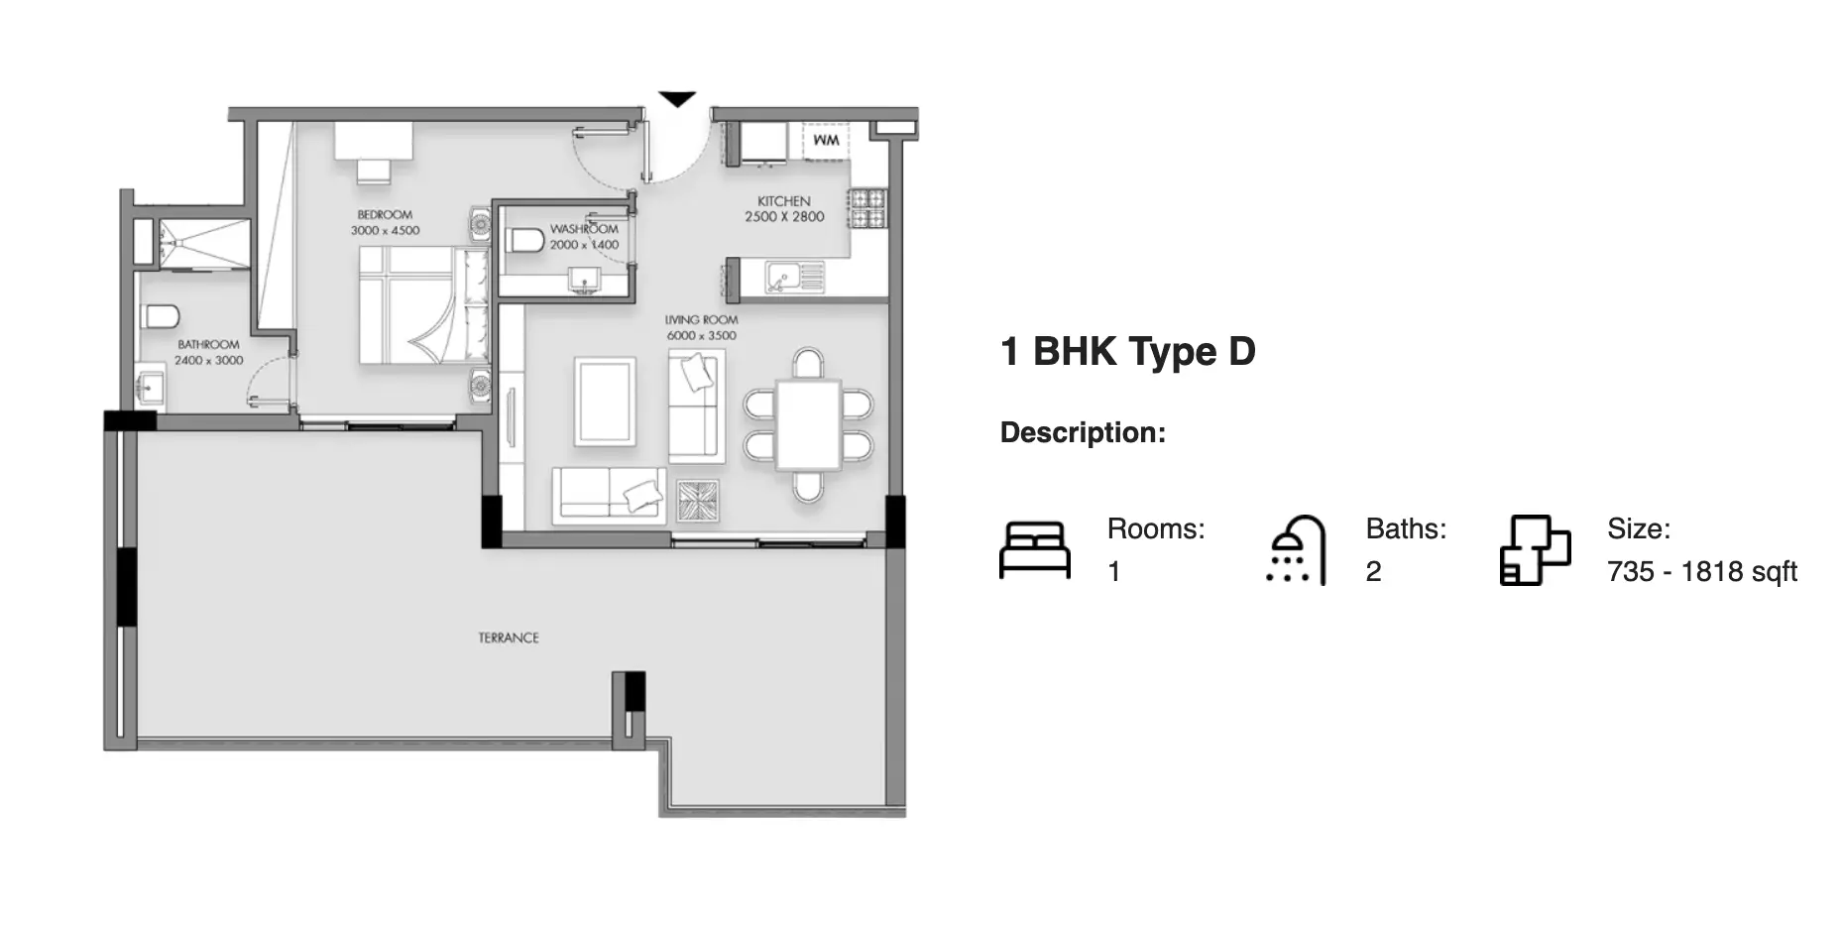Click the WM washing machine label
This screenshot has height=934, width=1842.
pos(826,140)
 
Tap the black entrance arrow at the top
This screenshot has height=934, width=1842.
pos(678,99)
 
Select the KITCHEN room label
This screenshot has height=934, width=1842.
pos(784,201)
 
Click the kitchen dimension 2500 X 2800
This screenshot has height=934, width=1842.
pos(785,217)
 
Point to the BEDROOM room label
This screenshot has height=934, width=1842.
pos(385,214)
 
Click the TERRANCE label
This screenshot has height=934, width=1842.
pos(509,638)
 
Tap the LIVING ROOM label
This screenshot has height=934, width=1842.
pos(702,320)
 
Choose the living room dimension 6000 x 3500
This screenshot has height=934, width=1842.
pos(702,336)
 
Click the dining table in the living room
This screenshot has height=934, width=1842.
pos(809,424)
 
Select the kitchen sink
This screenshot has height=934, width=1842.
pos(794,278)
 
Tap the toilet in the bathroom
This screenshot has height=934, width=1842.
pos(160,316)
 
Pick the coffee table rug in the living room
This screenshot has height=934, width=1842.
pos(606,402)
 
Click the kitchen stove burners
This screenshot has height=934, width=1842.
pos(868,208)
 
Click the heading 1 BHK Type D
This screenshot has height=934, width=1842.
pos(1128,351)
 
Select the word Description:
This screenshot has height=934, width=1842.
pos(1083,432)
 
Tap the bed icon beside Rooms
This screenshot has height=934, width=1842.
pos(1035,550)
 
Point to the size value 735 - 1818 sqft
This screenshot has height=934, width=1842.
pos(1702,572)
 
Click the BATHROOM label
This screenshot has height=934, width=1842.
pos(209,345)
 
